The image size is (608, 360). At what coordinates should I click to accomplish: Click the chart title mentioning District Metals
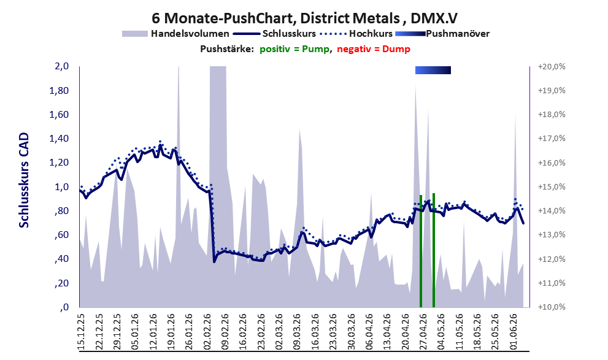click(x=304, y=18)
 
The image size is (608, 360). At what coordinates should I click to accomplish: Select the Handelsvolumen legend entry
click(x=175, y=34)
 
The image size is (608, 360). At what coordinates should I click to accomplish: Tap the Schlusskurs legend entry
click(x=275, y=34)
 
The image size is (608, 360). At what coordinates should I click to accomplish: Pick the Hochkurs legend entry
click(x=356, y=34)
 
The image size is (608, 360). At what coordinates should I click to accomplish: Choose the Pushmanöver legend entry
click(x=442, y=34)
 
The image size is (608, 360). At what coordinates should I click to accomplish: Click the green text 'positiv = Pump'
click(x=294, y=49)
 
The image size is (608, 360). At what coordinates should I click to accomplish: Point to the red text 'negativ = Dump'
click(x=374, y=49)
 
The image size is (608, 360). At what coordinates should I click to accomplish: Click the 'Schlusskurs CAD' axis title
click(x=24, y=180)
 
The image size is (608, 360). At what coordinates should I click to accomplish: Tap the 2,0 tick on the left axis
click(x=62, y=66)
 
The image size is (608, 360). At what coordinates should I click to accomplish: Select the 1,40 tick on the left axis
click(x=59, y=139)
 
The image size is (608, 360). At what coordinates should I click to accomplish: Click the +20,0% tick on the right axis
click(x=552, y=67)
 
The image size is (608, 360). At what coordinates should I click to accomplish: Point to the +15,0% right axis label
click(x=552, y=187)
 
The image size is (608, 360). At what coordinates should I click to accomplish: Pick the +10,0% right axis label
click(x=552, y=307)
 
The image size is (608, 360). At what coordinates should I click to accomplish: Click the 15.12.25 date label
click(x=82, y=332)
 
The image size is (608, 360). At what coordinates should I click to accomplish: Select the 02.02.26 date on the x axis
click(x=207, y=332)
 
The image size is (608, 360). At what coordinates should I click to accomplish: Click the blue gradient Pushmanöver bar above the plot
click(x=433, y=70)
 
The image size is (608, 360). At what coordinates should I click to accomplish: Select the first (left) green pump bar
click(x=421, y=251)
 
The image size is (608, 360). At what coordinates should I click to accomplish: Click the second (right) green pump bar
click(x=434, y=250)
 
